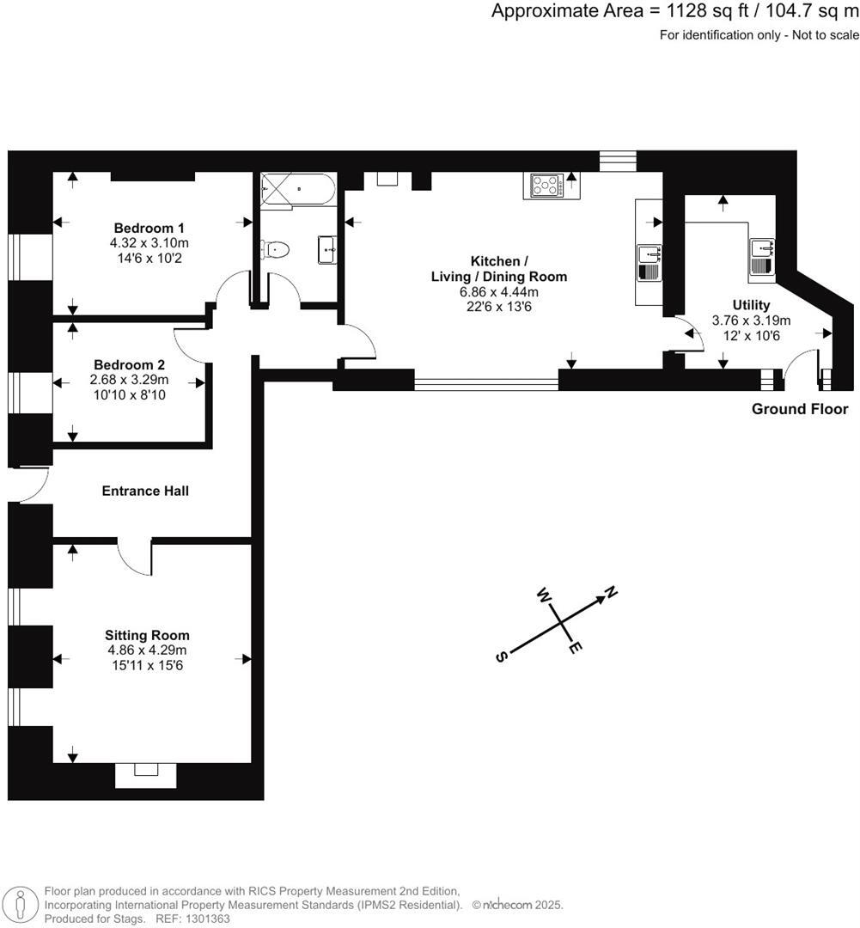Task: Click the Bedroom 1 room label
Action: click(x=149, y=229)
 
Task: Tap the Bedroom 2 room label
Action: click(x=130, y=364)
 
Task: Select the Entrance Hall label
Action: click(x=145, y=491)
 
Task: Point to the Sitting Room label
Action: click(x=148, y=635)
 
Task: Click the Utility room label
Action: click(x=751, y=305)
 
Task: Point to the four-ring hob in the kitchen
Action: click(x=546, y=186)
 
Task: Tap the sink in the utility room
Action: click(x=763, y=256)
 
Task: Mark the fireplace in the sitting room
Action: click(x=146, y=774)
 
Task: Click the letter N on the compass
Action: click(x=612, y=592)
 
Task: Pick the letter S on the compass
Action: click(x=500, y=656)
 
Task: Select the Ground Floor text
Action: click(x=799, y=409)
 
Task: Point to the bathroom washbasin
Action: click(x=327, y=251)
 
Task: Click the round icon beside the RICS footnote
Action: click(x=21, y=904)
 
